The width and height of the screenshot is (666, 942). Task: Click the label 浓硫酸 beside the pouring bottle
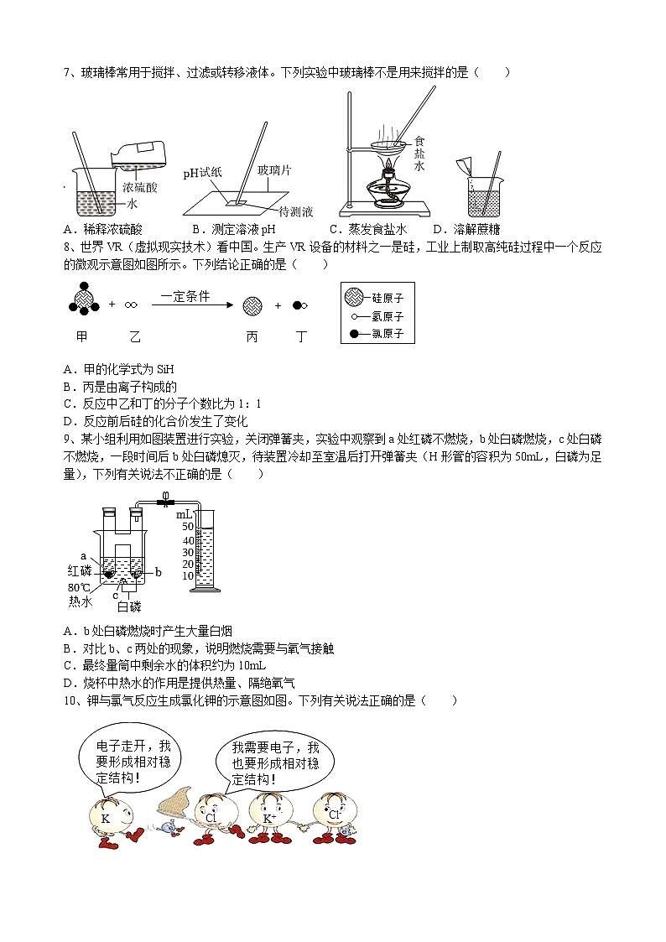pyautogui.click(x=139, y=188)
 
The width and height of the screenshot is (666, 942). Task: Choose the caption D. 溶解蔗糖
pyautogui.click(x=466, y=229)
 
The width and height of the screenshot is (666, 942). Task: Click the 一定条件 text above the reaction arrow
pyautogui.click(x=185, y=296)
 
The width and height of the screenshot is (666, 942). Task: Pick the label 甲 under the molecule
pyautogui.click(x=81, y=336)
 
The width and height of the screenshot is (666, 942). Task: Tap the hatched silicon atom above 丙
pyautogui.click(x=252, y=306)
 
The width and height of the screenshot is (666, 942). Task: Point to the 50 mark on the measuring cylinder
pyautogui.click(x=188, y=527)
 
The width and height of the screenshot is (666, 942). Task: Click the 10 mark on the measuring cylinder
pyautogui.click(x=188, y=575)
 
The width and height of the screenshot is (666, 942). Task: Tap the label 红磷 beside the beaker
pyautogui.click(x=80, y=570)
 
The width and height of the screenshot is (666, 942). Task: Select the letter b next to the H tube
pyautogui.click(x=159, y=571)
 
